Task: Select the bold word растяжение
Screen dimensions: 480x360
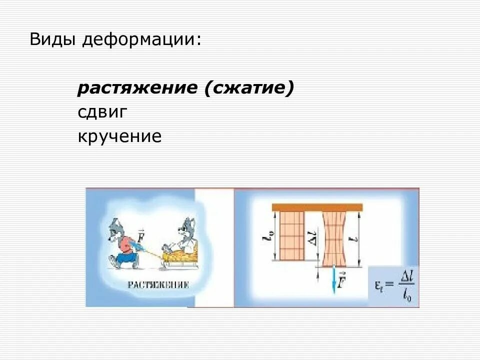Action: point(137,88)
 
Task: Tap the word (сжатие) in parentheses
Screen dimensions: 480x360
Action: point(248,88)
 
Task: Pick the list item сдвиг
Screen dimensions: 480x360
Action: point(102,112)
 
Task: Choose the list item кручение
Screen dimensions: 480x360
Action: point(119,136)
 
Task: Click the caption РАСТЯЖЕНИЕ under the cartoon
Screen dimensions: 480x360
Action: point(157,285)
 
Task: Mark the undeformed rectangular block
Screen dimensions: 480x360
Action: point(291,235)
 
